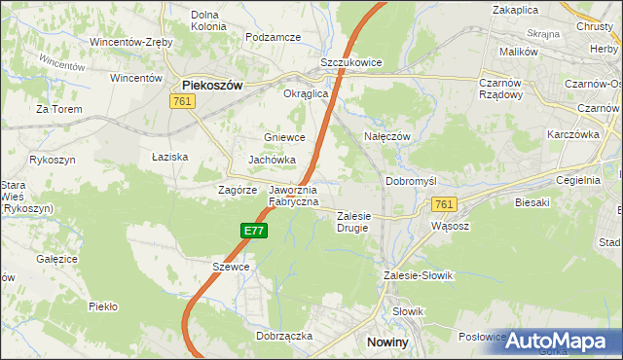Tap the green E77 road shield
(254, 230)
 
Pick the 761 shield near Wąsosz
(444, 203)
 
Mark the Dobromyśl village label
(413, 181)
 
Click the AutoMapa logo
(563, 341)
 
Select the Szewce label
(231, 266)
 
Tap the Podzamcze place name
(274, 37)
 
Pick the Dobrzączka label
(283, 335)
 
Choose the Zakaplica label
(516, 9)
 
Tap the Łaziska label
(169, 157)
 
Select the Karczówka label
(573, 132)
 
